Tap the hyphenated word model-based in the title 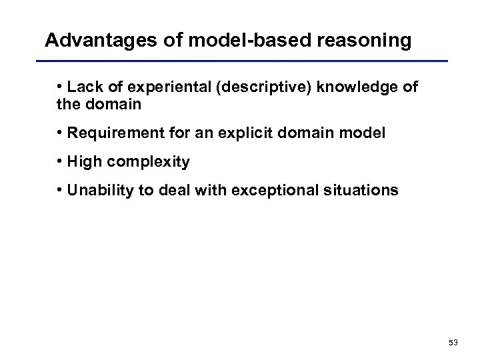tap(231, 41)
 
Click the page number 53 tap(453, 342)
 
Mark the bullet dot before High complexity tap(61, 161)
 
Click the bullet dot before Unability tap(61, 190)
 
